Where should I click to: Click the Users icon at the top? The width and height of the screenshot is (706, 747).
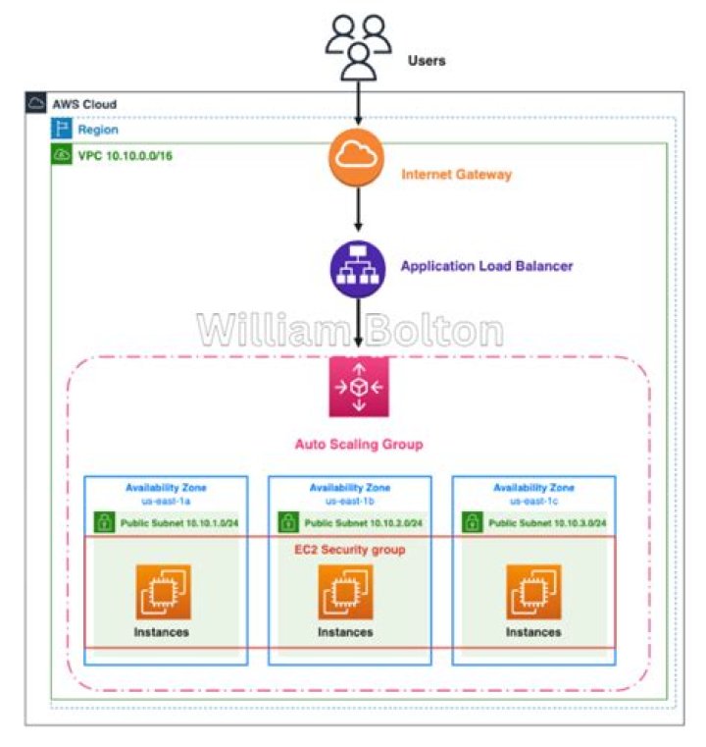(x=357, y=46)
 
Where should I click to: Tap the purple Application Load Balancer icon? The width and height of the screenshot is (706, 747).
(x=358, y=268)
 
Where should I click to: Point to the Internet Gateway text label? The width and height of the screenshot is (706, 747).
(x=456, y=175)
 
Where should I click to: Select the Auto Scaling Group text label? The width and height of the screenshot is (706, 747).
(x=358, y=445)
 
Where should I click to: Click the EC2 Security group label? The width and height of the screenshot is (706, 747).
(x=350, y=550)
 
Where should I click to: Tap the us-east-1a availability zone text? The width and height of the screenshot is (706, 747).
(x=165, y=500)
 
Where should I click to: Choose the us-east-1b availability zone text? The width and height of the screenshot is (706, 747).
(x=349, y=500)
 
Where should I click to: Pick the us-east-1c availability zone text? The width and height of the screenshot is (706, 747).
(x=532, y=500)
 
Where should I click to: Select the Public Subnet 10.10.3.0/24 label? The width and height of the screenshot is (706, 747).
(x=546, y=523)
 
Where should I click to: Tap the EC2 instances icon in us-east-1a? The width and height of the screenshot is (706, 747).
(x=163, y=592)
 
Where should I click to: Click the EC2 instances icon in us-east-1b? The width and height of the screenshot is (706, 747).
(x=346, y=592)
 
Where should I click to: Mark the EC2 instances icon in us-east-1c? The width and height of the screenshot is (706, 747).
(x=533, y=592)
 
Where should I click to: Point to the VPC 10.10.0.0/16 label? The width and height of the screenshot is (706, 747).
(x=119, y=155)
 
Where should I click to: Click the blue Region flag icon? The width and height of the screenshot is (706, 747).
(x=62, y=129)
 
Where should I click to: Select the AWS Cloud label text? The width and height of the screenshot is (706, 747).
(x=83, y=104)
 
